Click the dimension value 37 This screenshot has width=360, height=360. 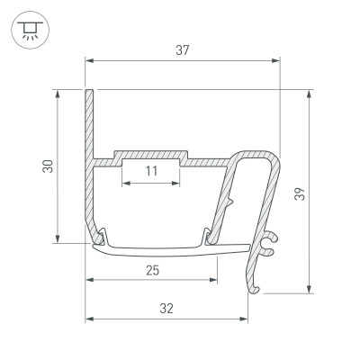click(x=182, y=51)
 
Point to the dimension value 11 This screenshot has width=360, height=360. click(x=150, y=170)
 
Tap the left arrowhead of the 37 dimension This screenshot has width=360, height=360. click(x=89, y=61)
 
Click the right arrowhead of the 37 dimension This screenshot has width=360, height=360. click(x=276, y=61)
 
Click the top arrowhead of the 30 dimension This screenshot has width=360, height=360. click(x=58, y=93)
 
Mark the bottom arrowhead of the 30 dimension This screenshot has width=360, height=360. click(x=58, y=239)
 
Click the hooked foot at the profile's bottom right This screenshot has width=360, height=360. click(x=255, y=286)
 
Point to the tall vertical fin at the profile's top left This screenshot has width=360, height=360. click(x=89, y=121)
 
